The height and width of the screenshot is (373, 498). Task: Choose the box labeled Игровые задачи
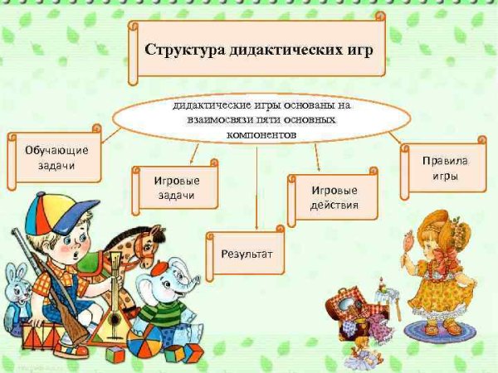(174, 187)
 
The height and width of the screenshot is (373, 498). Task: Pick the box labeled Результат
(247, 253)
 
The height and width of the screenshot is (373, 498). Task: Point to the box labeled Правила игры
(444, 168)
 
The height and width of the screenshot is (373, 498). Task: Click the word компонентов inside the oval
(255, 133)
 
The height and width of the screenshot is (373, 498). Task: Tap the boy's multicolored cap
(51, 212)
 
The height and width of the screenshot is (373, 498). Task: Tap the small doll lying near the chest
(363, 348)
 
